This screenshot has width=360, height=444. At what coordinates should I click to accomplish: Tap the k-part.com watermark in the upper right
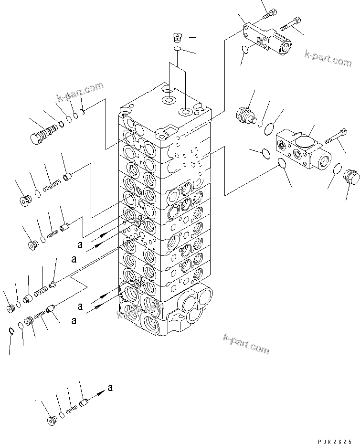click(328, 59)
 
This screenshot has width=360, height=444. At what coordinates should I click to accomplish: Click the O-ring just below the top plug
click(177, 48)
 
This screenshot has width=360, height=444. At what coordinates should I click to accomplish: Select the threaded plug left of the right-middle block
click(245, 116)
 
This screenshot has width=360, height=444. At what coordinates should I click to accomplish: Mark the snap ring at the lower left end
click(11, 330)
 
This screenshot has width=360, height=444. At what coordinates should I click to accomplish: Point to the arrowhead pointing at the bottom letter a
click(102, 391)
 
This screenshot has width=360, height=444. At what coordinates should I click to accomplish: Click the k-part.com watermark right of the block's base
click(246, 344)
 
